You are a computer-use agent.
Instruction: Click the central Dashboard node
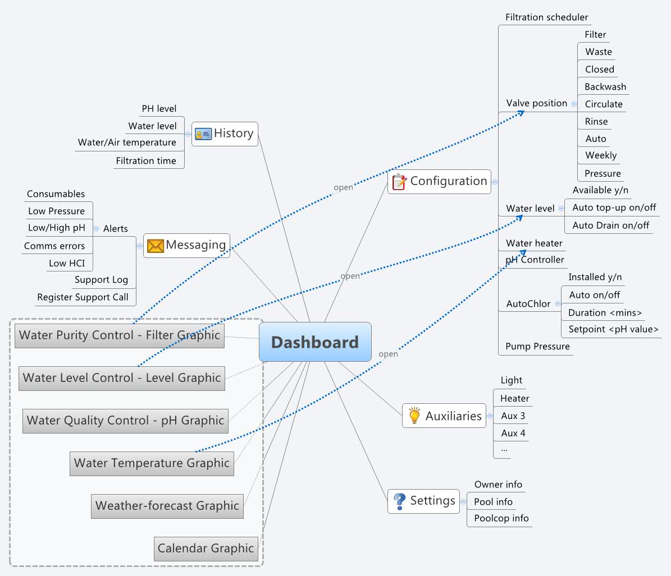tap(314, 342)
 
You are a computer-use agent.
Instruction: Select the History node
tap(225, 133)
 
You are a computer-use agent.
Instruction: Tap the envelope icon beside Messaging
tap(155, 246)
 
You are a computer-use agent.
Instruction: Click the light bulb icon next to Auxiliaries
tap(414, 416)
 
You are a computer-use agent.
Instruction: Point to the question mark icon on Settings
tap(399, 501)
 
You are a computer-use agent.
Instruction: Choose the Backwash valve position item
tap(605, 87)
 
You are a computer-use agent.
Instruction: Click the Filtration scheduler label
tap(546, 17)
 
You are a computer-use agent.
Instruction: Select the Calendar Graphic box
tap(206, 549)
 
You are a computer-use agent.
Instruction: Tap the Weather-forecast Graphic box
tap(167, 506)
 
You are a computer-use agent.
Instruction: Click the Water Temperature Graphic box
tap(152, 463)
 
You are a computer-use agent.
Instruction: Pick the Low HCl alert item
tap(66, 263)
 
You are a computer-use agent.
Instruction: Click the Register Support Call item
tap(83, 297)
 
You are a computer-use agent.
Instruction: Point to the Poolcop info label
tap(501, 518)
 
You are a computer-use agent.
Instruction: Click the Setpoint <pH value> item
tap(613, 329)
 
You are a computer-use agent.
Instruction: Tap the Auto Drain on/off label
tap(610, 225)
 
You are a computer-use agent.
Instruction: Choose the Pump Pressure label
tap(537, 347)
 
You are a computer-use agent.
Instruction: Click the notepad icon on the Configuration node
tap(399, 182)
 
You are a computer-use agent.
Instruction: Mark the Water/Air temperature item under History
tap(127, 142)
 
